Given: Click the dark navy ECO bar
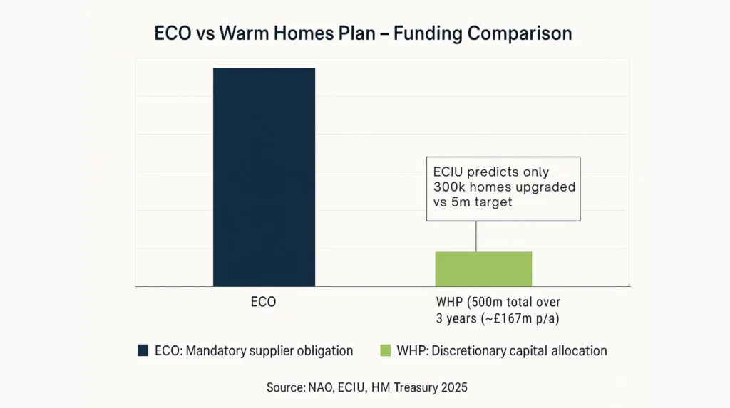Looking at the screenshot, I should coord(264,177).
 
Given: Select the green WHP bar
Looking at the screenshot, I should coord(483,268).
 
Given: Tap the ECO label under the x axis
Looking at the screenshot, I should coord(264,302).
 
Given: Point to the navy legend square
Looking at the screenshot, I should coord(143,350).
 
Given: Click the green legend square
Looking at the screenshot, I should coord(386,350).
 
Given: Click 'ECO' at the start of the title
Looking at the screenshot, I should coord(173,33).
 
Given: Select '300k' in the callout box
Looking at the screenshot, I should coord(449,187).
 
